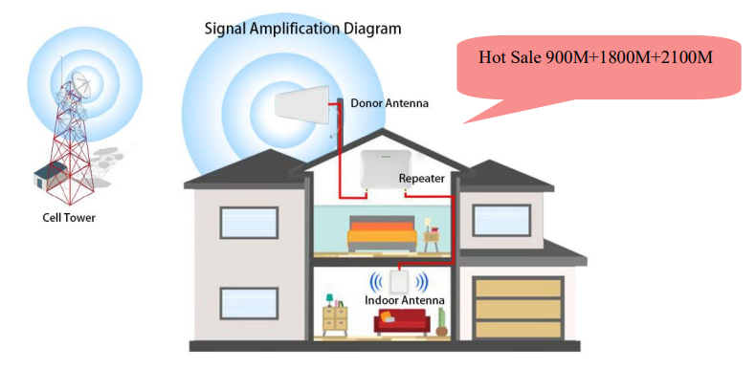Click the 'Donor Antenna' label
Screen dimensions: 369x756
[389, 102]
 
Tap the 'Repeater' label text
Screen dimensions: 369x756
[422, 178]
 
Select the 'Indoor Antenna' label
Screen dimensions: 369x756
[405, 300]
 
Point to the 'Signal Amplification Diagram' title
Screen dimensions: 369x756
[303, 28]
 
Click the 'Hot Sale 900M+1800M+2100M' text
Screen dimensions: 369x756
[596, 57]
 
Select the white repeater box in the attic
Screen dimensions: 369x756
[382, 170]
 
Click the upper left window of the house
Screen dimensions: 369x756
[249, 222]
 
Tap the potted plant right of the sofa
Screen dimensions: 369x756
[441, 318]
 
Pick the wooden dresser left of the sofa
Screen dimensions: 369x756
[336, 319]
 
